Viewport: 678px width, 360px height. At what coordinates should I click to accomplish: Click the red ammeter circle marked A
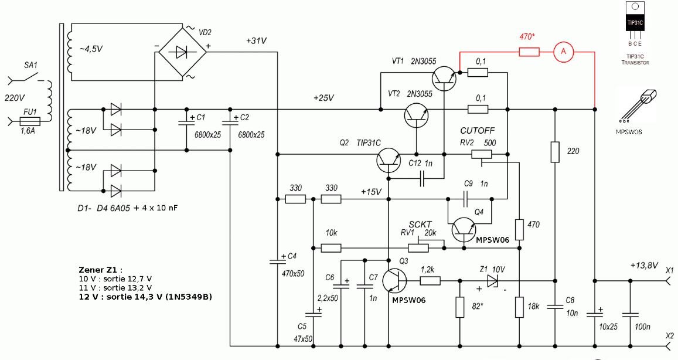563,52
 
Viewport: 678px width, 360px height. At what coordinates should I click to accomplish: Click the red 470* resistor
529,52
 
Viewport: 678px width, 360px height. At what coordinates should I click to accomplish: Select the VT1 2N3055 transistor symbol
444,79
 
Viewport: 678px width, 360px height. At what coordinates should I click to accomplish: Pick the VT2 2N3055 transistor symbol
417,115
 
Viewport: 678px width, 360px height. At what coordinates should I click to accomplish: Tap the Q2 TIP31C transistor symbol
389,160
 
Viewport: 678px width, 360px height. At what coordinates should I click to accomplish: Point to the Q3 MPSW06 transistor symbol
394,280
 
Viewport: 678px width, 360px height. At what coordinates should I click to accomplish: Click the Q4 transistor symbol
464,230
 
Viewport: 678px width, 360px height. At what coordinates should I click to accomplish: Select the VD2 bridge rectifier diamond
182,52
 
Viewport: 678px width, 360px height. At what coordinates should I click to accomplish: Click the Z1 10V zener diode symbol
492,281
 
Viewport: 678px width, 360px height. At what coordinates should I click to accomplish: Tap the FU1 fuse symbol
30,121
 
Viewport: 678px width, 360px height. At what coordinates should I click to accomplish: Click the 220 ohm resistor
555,152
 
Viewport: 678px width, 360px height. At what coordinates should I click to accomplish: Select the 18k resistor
519,307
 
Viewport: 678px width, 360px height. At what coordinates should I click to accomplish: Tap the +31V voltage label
256,41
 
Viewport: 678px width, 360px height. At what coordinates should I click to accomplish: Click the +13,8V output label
644,266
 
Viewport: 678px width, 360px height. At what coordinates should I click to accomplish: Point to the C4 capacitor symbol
277,261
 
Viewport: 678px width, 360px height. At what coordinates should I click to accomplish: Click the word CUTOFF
478,131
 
